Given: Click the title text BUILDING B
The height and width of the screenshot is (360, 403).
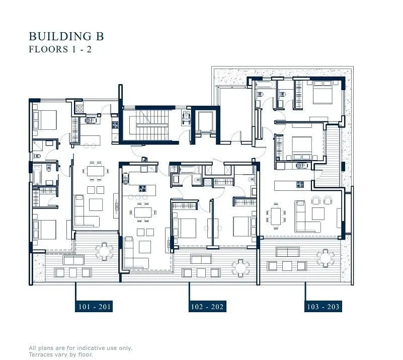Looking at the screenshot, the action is pyautogui.click(x=66, y=36).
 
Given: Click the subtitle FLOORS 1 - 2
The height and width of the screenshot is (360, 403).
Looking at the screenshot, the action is pyautogui.click(x=60, y=49).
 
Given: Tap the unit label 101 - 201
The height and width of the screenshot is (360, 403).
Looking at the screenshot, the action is pyautogui.click(x=94, y=307).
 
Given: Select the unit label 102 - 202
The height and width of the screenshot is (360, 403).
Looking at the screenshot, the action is pyautogui.click(x=207, y=307).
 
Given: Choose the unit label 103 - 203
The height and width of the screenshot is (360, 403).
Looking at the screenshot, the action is pyautogui.click(x=323, y=307).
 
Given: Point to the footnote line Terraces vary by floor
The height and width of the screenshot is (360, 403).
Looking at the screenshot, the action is pyautogui.click(x=61, y=354).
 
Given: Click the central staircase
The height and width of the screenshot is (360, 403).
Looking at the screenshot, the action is pyautogui.click(x=149, y=125).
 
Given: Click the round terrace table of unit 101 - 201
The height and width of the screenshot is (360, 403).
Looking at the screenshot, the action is pyautogui.click(x=104, y=251).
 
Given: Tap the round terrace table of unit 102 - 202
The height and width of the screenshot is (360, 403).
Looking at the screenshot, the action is pyautogui.click(x=240, y=268).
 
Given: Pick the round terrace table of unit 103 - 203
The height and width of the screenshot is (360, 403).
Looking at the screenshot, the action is pyautogui.click(x=326, y=258).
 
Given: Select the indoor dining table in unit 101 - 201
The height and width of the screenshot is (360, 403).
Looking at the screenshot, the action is pyautogui.click(x=96, y=171).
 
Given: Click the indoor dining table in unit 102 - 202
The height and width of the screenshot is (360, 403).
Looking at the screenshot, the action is pyautogui.click(x=143, y=212).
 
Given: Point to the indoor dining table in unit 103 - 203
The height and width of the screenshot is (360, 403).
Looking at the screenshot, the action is pyautogui.click(x=276, y=216).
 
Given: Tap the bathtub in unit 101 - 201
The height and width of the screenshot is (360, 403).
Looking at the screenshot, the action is pyautogui.click(x=37, y=175).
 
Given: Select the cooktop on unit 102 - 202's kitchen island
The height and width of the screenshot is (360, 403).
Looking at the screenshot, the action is pyautogui.click(x=143, y=188).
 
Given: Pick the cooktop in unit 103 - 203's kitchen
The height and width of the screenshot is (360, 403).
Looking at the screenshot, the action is pyautogui.click(x=300, y=184).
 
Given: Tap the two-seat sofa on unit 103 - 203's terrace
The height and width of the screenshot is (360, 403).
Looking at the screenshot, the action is pyautogui.click(x=288, y=252).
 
